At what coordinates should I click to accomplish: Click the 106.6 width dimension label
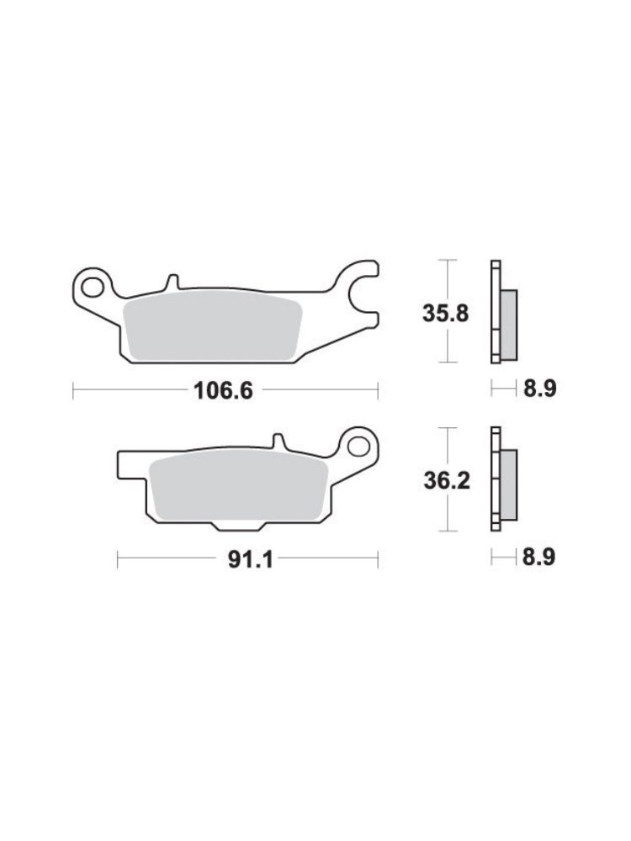(223, 391)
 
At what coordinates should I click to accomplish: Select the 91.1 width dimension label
(251, 559)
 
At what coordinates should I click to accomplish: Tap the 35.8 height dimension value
(445, 313)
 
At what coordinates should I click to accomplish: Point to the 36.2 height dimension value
(447, 480)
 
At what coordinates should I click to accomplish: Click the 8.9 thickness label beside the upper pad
(540, 389)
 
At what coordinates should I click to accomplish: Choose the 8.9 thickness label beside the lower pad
(538, 558)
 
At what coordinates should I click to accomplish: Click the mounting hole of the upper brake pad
(93, 287)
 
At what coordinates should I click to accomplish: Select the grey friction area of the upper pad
(213, 326)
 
